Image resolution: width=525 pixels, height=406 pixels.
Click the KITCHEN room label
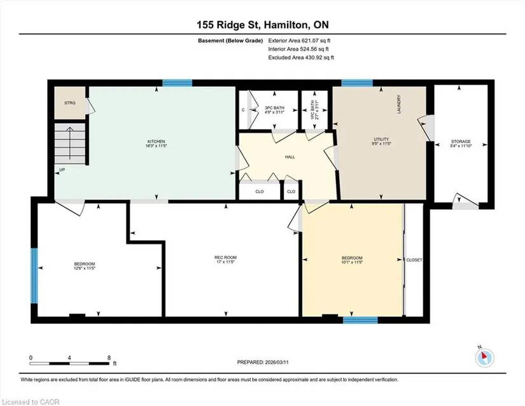pos(156,141)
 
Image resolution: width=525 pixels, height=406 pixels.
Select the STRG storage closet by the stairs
pos(70,102)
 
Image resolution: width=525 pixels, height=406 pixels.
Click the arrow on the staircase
pos(69,143)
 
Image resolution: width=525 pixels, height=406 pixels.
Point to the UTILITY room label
pos(381,139)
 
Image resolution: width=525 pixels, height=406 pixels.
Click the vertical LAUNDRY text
pos(399,104)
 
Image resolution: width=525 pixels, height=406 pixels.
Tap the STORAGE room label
pos(461,141)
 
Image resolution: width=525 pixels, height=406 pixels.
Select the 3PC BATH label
pos(274,108)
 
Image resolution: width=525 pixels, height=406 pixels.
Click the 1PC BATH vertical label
pos(312,110)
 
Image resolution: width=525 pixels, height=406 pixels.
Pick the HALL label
pos(290,157)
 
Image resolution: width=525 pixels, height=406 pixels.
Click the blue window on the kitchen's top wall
pos(177,83)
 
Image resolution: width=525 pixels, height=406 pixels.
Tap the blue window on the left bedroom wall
pos(34,276)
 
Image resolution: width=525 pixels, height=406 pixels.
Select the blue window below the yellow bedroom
pos(360,320)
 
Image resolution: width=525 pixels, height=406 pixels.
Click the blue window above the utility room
pos(357,83)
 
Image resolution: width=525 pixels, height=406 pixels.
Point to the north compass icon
pos(484,358)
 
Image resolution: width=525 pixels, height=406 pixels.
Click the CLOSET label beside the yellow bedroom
pos(414,260)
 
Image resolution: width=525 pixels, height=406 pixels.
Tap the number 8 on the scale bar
pos(109,358)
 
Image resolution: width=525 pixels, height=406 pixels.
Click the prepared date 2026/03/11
pos(277,362)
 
